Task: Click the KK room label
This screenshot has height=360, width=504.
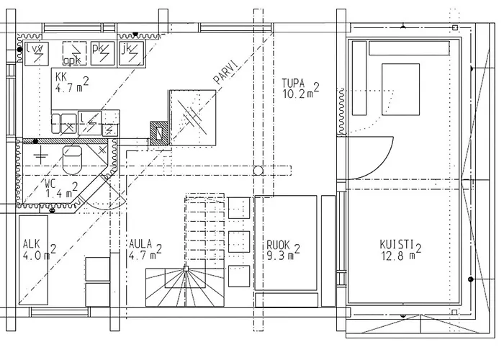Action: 61,76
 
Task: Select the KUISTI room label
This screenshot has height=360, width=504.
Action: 396,243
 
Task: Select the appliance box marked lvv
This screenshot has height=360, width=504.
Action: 36,51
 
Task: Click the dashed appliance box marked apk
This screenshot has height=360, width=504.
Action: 71,53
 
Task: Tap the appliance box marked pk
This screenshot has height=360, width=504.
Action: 101,51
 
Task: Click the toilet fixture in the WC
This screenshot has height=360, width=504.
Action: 73,159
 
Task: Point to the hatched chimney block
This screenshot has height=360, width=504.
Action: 157,131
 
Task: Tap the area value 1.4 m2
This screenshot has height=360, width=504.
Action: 57,193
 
